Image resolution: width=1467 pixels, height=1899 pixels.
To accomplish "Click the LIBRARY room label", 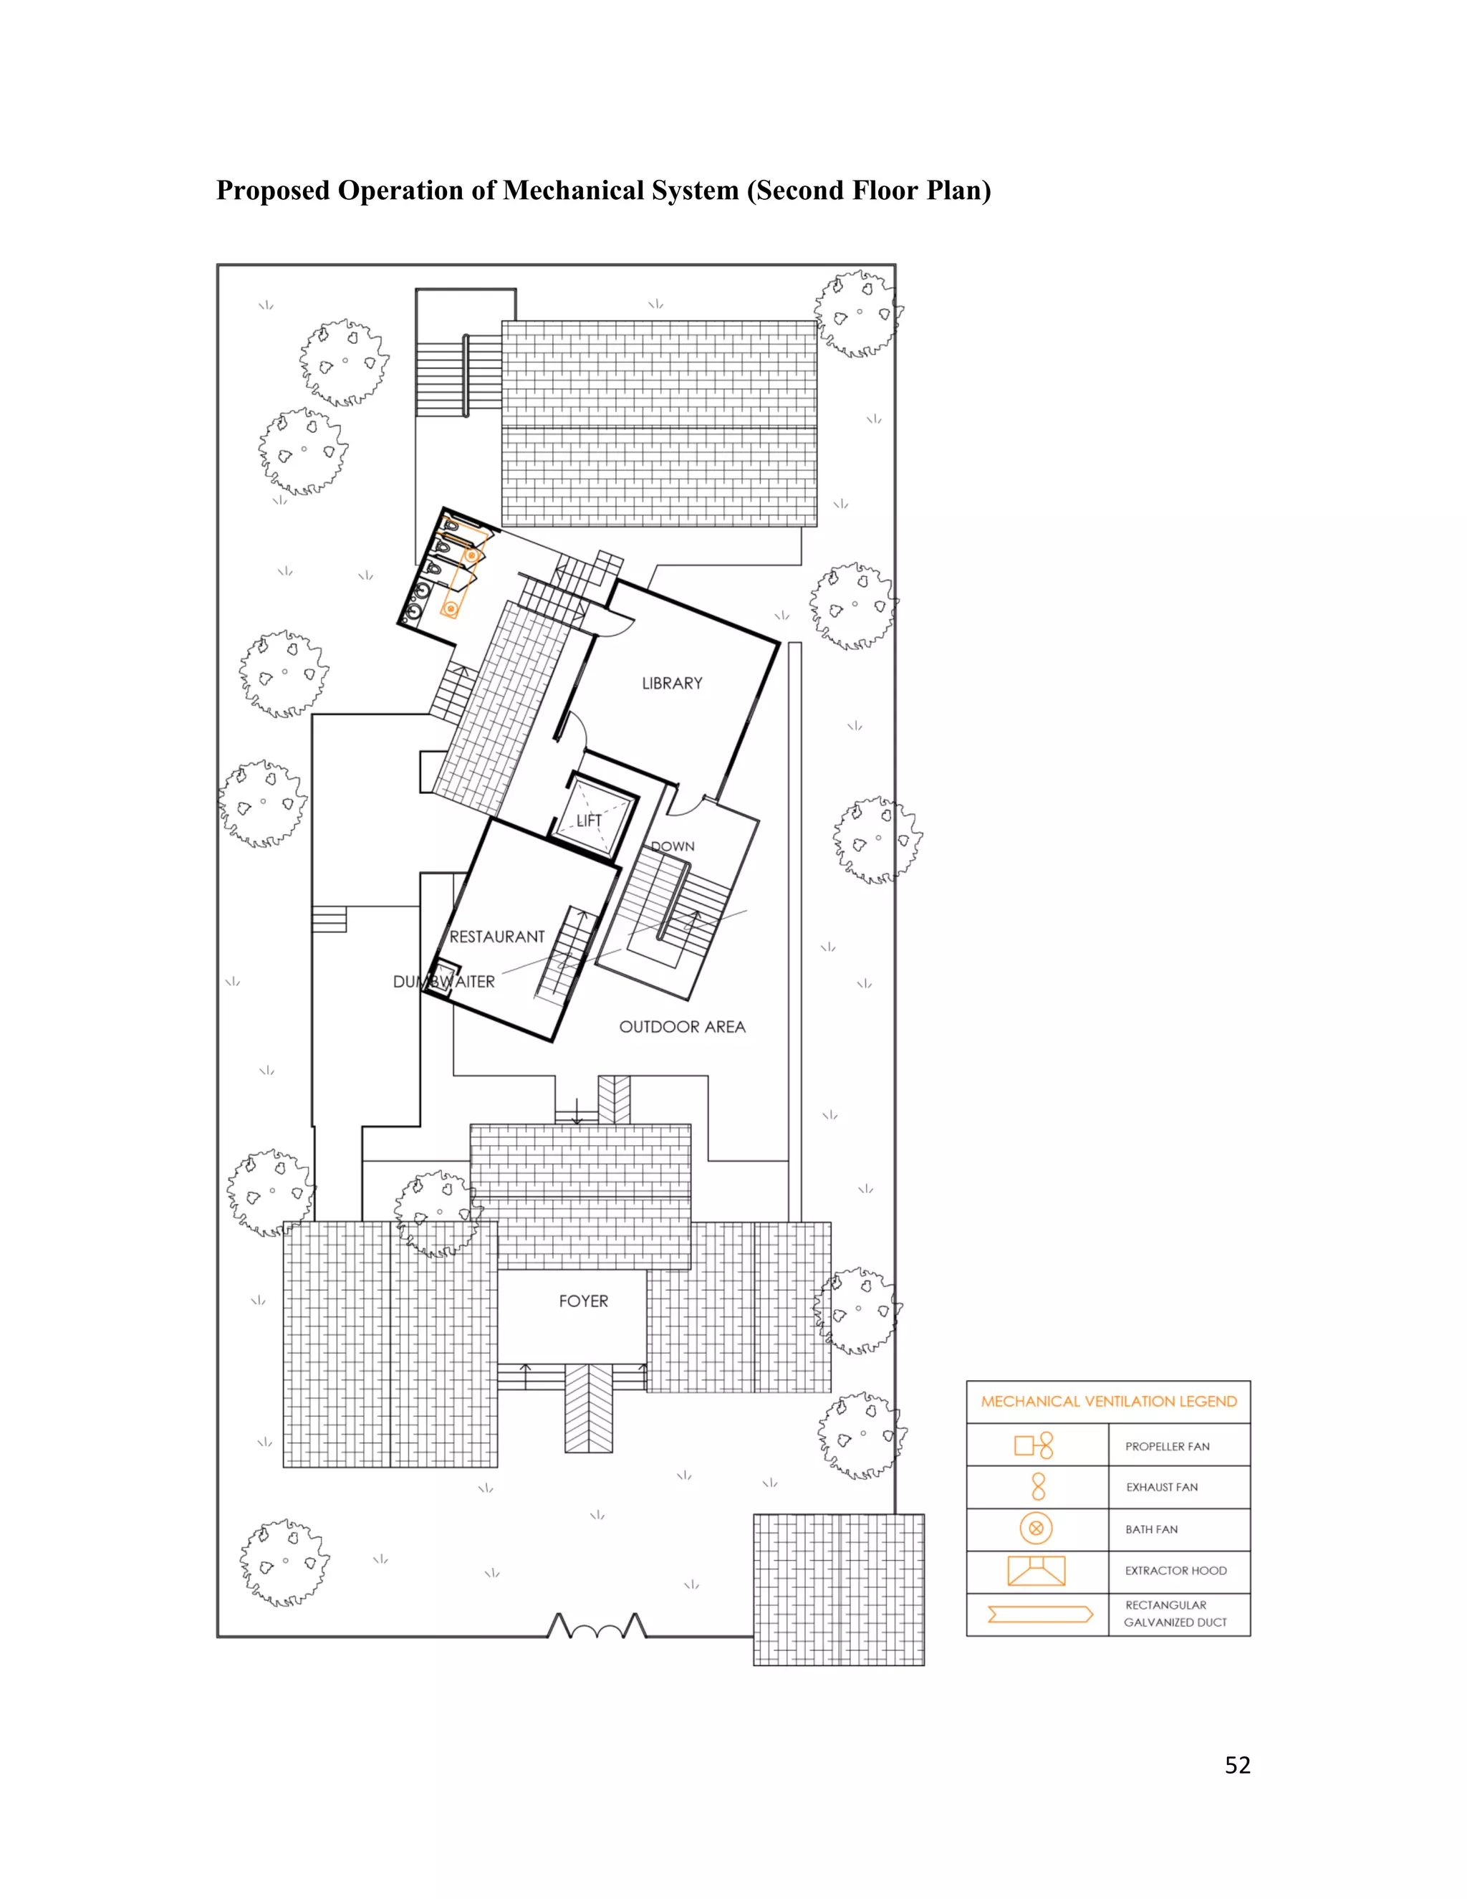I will (x=672, y=684).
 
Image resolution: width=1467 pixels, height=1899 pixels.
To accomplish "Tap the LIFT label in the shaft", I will (x=590, y=820).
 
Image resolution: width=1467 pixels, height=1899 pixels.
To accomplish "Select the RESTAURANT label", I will (x=497, y=937).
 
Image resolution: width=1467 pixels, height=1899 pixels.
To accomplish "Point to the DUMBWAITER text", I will (x=444, y=982).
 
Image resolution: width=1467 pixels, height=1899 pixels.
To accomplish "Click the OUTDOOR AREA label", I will (x=682, y=1027).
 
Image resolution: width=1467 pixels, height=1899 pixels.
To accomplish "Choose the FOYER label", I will (x=583, y=1301).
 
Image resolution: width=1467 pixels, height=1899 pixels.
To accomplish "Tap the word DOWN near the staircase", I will (x=673, y=846).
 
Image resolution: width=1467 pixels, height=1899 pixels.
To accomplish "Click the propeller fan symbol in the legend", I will (x=1034, y=1445).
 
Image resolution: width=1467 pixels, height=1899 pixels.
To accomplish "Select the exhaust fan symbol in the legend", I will (x=1038, y=1487).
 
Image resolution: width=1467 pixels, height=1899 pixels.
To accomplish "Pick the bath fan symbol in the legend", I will (x=1036, y=1528).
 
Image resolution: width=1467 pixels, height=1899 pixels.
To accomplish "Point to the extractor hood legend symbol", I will (x=1036, y=1570).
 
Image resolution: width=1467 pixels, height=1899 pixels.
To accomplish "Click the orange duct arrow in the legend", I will (x=1039, y=1615).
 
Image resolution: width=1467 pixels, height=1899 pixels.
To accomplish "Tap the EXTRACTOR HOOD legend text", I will (x=1176, y=1570).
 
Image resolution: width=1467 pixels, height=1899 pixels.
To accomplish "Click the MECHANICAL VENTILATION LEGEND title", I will (x=1109, y=1402).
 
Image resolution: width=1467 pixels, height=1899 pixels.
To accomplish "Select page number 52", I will (x=1238, y=1765).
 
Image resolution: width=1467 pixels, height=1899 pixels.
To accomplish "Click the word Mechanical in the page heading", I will (x=574, y=191).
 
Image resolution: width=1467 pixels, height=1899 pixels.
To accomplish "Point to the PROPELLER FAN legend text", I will (x=1167, y=1446).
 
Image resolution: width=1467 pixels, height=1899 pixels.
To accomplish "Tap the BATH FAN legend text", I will (x=1152, y=1529).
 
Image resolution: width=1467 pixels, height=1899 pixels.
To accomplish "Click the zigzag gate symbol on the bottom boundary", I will (x=597, y=1625).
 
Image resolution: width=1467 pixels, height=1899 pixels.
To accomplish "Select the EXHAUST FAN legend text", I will (x=1162, y=1487).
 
